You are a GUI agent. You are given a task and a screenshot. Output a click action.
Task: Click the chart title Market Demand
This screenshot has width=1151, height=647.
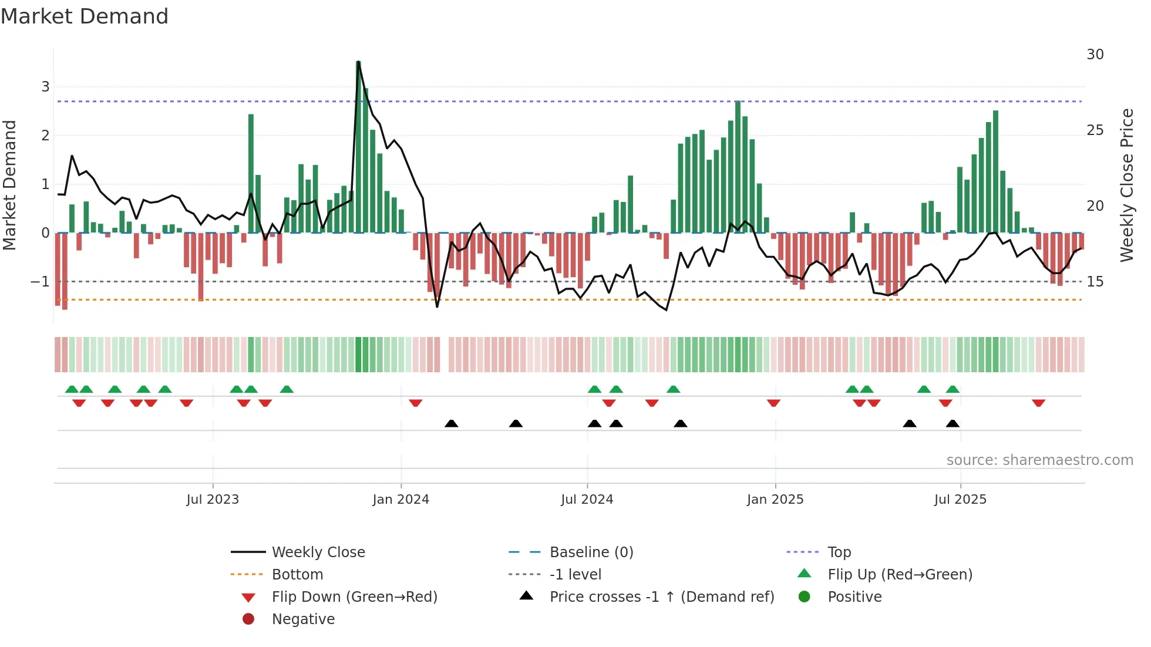(x=85, y=16)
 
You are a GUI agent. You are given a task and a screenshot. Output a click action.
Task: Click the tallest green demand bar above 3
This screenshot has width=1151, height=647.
(x=358, y=147)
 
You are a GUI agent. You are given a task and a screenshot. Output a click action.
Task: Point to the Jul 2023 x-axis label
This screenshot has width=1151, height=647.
(x=213, y=500)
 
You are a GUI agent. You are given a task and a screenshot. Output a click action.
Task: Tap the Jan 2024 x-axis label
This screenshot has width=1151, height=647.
(x=401, y=500)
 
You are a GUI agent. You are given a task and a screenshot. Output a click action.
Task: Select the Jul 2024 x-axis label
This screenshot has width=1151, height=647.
(x=587, y=500)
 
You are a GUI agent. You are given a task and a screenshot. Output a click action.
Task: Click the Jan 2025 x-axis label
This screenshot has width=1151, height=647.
(x=775, y=500)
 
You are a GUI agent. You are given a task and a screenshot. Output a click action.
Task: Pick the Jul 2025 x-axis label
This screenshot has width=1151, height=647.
(x=960, y=500)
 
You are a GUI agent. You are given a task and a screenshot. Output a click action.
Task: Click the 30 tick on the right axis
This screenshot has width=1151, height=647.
(x=1095, y=55)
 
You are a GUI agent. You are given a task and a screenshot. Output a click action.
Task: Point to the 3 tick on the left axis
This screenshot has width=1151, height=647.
(x=45, y=87)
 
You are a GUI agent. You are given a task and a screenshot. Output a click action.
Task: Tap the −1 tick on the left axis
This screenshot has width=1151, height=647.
(x=40, y=282)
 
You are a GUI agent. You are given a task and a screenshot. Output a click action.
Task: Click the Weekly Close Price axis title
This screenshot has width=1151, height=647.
(x=1126, y=185)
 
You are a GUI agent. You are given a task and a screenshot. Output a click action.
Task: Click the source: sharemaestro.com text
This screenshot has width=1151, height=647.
(x=1039, y=460)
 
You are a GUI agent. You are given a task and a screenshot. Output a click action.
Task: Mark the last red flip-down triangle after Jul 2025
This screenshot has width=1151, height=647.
(x=1038, y=403)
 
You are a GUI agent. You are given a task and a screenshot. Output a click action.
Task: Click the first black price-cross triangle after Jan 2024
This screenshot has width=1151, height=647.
(x=451, y=423)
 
